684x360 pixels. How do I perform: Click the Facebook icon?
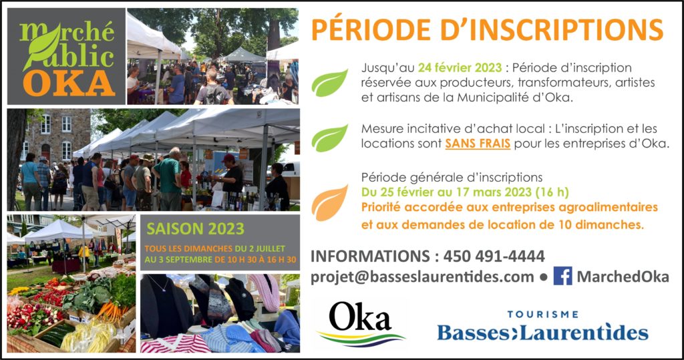coord(562,277)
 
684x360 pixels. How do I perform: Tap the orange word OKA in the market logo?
coord(69,83)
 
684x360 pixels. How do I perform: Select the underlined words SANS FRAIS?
coord(478,144)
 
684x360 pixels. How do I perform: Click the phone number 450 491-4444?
coord(494,256)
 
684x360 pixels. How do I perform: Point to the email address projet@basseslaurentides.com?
coord(422,277)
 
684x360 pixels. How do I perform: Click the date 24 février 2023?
coord(460,68)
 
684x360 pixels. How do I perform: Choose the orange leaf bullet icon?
coord(329,203)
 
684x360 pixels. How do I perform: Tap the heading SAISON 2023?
coord(195,228)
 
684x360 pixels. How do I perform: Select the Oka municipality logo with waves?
coord(361,323)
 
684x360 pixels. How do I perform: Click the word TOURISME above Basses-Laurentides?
coord(542,314)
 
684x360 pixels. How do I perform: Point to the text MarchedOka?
coord(623,277)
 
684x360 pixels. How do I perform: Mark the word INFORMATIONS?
coord(370,256)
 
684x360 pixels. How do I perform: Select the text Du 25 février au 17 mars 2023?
coord(446,192)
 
